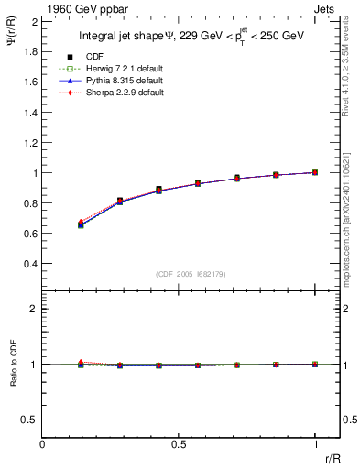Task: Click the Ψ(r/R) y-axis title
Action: click(13, 36)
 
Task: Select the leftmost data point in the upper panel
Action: click(82, 224)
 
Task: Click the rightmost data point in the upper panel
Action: click(315, 172)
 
